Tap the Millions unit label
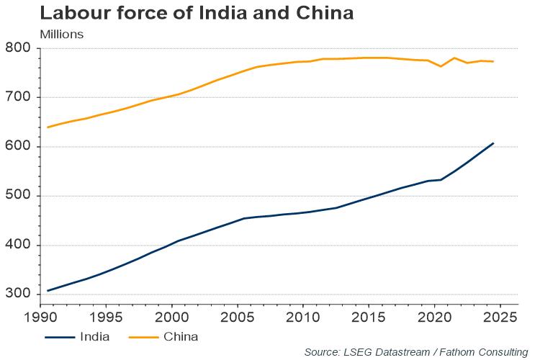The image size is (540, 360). pyautogui.click(x=62, y=34)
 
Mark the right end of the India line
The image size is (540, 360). pyautogui.click(x=493, y=143)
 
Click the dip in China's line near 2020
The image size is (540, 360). pyautogui.click(x=441, y=66)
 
